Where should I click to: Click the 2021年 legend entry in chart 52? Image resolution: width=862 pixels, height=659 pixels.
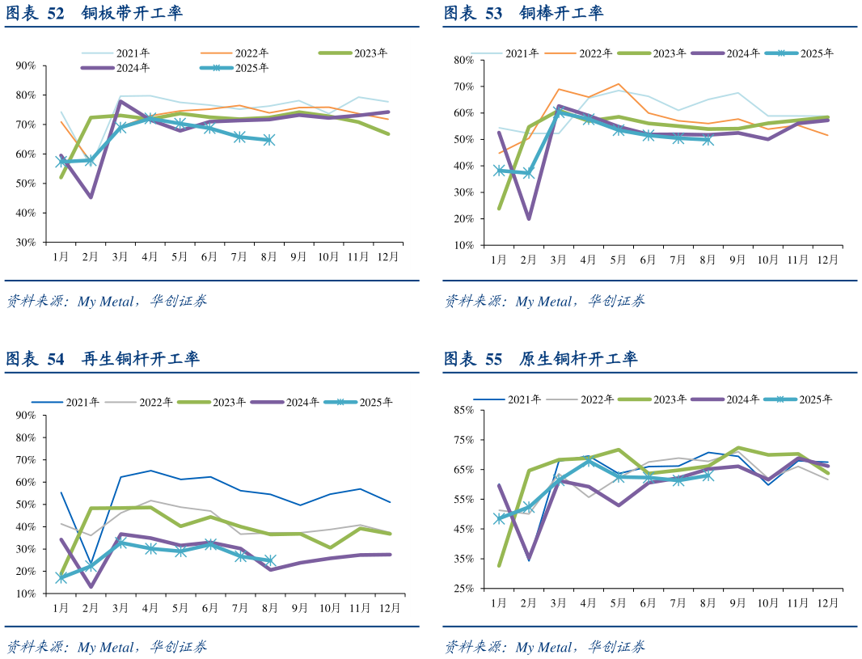coord(133,53)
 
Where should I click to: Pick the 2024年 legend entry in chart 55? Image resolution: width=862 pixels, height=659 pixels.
coord(742,399)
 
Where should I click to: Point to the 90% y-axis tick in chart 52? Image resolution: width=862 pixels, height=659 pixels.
coord(26,65)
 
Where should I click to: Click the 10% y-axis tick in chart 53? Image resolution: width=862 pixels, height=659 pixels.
coord(463,245)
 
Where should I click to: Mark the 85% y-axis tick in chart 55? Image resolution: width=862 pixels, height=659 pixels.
coord(463,410)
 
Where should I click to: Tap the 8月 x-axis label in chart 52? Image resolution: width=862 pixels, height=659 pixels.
coord(268,256)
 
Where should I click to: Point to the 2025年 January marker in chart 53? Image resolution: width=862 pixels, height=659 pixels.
coord(499,171)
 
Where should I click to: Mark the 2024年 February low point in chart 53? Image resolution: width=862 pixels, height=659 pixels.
coord(529,218)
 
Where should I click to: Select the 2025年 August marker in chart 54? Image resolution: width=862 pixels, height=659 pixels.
coord(269,560)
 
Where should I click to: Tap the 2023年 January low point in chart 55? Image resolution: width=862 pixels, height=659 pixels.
coord(499,565)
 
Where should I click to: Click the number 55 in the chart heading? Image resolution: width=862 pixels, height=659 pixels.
coord(493,359)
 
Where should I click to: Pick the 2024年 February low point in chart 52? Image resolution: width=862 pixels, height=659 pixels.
coord(91,197)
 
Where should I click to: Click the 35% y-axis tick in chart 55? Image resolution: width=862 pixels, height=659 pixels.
coord(463,559)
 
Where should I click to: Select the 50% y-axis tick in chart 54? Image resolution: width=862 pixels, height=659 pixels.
coord(26,505)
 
